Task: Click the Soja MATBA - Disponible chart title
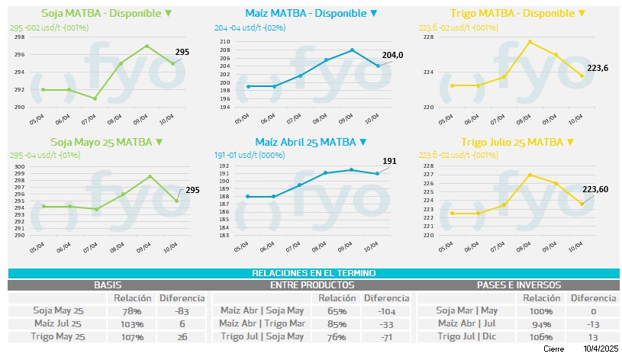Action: click(x=106, y=13)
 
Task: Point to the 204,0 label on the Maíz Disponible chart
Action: click(x=392, y=54)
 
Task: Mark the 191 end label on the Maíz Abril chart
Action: click(x=390, y=161)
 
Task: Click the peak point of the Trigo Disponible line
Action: click(x=530, y=41)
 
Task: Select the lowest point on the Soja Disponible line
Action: click(x=94, y=98)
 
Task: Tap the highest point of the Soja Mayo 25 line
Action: click(x=150, y=176)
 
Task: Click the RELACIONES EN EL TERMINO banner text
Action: click(x=314, y=273)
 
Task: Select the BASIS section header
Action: click(x=108, y=284)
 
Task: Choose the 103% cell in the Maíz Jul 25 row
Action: click(x=132, y=323)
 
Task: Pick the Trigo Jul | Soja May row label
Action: click(x=262, y=336)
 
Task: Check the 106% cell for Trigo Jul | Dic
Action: click(x=538, y=336)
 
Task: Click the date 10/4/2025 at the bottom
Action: click(x=601, y=349)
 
